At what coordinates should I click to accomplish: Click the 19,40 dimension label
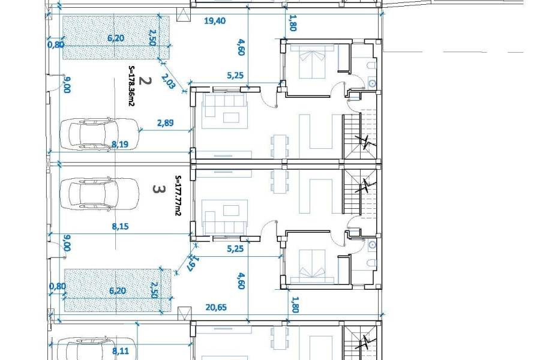[x=215, y=21]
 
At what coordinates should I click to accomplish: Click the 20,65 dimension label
[x=216, y=307]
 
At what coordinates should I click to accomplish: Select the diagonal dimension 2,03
[x=169, y=82]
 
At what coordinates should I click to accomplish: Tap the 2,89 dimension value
[x=166, y=123]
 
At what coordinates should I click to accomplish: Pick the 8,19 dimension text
[x=120, y=145]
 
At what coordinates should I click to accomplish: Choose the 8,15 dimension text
[x=120, y=226]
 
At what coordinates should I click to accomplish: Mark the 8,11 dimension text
[x=121, y=351]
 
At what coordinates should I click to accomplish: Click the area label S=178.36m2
[x=131, y=86]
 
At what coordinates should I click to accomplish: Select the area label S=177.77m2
[x=178, y=196]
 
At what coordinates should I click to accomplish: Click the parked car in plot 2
[x=100, y=134]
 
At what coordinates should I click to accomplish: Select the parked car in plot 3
[x=100, y=193]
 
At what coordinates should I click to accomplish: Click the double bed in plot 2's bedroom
[x=313, y=61]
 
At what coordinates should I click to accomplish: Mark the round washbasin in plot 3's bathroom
[x=372, y=245]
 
